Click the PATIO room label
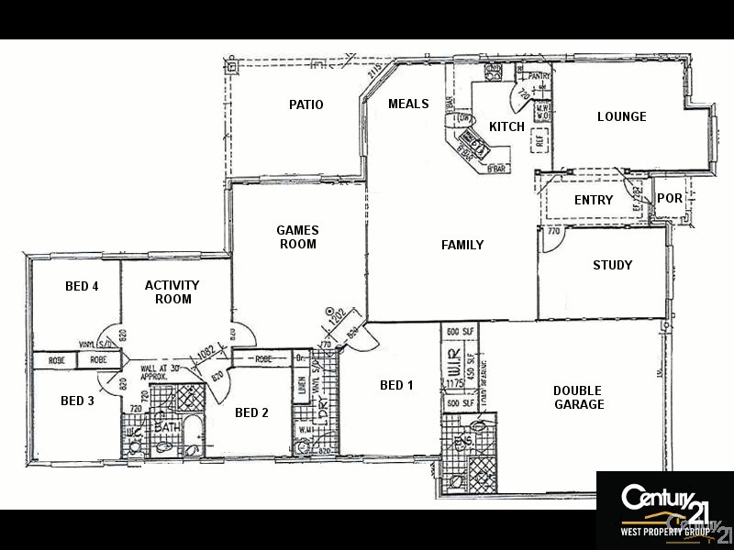(306, 104)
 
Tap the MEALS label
(408, 104)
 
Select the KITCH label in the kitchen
(506, 126)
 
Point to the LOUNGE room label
(621, 116)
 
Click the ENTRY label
(594, 200)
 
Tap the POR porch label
(670, 198)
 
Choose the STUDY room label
(612, 265)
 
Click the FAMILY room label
(462, 245)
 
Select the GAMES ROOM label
(297, 237)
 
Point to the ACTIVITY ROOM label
(172, 292)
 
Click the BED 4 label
(82, 286)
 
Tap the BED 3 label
(78, 401)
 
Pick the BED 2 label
(251, 412)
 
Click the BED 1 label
(396, 385)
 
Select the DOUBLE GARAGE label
(578, 397)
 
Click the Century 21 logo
(663, 499)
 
